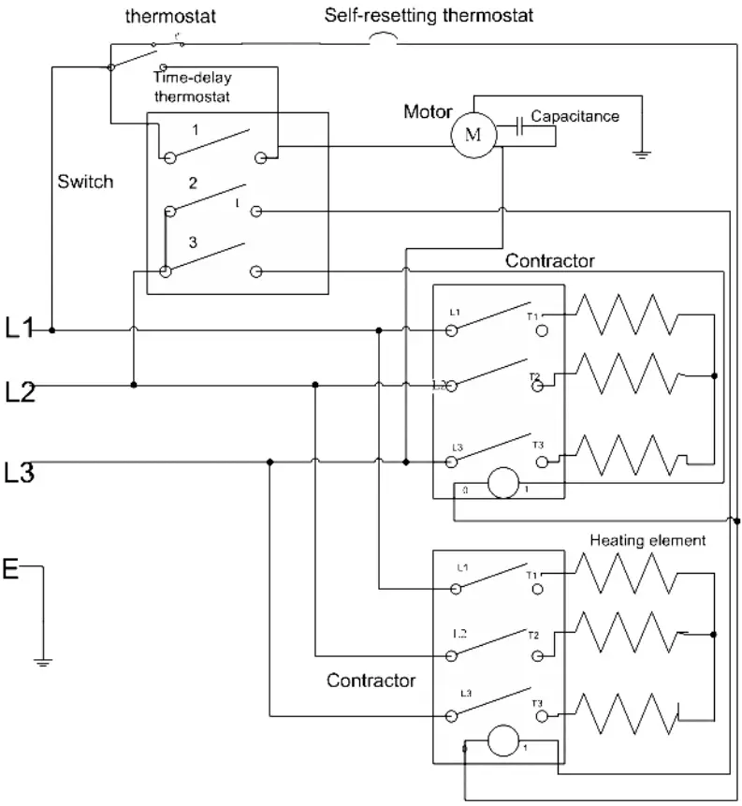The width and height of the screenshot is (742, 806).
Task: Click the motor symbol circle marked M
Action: point(473,134)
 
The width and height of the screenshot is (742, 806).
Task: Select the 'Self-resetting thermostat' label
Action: point(429,16)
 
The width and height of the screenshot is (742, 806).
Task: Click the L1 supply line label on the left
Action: point(21,329)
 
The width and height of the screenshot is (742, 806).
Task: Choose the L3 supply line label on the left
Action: point(21,474)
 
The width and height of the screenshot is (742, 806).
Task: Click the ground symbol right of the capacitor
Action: point(642,153)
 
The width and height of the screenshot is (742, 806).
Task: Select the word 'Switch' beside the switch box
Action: point(85,182)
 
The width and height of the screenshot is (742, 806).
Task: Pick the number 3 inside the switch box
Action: point(193,242)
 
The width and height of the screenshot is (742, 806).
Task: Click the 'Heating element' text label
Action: point(647,541)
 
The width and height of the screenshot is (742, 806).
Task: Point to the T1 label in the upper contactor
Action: point(534,316)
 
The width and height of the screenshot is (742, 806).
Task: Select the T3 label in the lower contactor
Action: point(537,703)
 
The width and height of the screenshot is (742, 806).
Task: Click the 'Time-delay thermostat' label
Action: point(191,87)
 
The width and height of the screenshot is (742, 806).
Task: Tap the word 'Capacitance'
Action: point(575,116)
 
